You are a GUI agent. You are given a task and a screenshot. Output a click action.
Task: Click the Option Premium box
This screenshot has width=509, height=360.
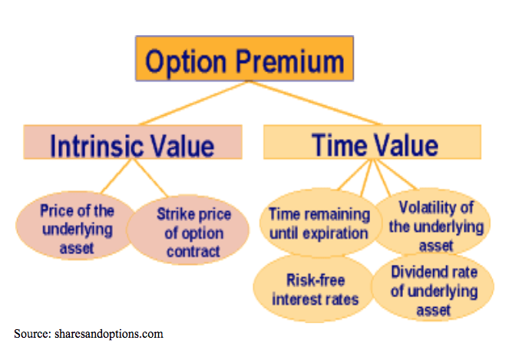click(244, 58)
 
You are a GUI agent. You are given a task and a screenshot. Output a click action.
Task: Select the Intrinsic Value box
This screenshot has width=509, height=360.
click(133, 142)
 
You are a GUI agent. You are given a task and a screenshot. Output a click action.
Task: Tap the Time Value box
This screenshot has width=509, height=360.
click(372, 142)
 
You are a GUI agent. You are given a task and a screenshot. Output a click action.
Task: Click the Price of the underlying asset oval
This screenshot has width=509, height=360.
click(77, 226)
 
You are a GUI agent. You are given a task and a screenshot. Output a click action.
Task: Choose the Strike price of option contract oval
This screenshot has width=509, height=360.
click(188, 230)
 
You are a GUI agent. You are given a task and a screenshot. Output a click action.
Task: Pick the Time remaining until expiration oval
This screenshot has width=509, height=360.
click(319, 223)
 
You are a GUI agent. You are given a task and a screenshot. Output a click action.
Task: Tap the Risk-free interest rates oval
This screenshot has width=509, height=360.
click(314, 288)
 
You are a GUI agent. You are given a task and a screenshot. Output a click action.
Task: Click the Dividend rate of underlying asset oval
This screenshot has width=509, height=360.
click(433, 287)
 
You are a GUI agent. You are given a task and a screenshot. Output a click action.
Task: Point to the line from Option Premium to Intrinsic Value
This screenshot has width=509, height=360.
click(193, 103)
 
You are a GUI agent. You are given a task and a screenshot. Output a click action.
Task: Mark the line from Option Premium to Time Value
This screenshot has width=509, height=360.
click(315, 103)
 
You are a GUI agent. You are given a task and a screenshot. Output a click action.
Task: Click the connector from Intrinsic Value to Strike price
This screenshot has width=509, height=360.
click(150, 177)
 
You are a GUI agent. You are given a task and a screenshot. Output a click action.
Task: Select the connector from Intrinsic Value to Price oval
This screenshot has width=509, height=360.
click(116, 177)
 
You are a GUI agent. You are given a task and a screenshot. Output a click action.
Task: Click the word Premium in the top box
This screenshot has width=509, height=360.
click(289, 61)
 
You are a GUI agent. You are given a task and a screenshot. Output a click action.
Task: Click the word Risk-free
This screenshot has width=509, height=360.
click(316, 280)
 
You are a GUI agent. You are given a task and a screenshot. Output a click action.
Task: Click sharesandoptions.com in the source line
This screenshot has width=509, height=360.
click(109, 334)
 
